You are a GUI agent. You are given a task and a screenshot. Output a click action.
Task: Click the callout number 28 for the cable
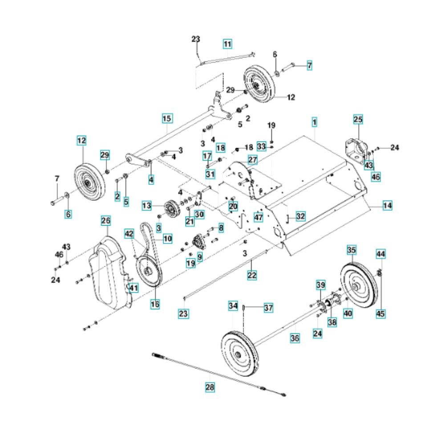coord(210,388)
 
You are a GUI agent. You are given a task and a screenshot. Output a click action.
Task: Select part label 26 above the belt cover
coord(105,220)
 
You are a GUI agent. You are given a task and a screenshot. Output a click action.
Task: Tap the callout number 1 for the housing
coord(314,121)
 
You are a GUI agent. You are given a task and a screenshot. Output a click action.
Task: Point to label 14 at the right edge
coord(388,206)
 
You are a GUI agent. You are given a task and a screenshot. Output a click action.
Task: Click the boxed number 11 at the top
coord(227,44)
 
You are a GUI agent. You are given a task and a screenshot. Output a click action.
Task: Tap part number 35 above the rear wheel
coord(352,251)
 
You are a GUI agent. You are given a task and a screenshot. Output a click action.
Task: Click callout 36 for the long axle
coord(295,338)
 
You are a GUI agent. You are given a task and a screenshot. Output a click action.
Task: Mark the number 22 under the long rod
coord(252,275)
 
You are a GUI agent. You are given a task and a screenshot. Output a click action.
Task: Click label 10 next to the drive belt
coord(167,239)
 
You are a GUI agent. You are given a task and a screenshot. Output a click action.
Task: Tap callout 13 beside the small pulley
coord(147,206)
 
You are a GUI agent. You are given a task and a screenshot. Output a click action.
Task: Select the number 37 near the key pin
coord(268,307)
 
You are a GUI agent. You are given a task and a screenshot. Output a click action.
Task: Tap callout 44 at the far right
coord(381,254)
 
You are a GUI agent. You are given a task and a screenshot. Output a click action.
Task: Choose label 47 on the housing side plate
coord(259,217)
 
